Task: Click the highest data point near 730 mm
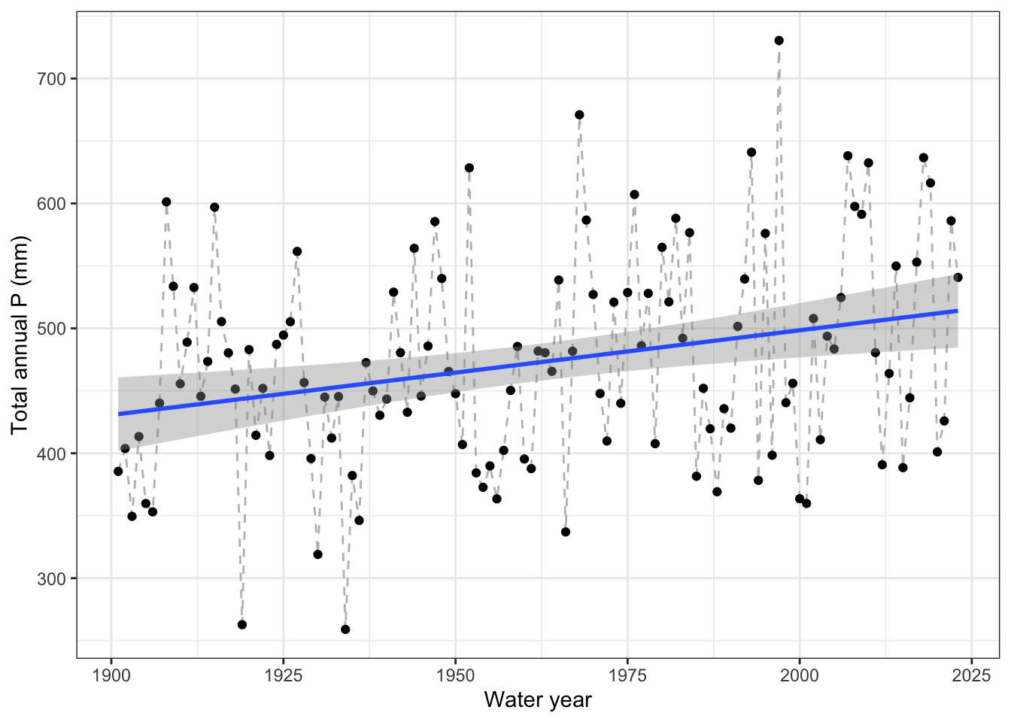point(779,41)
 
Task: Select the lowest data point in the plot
point(345,629)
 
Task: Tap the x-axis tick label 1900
point(111,673)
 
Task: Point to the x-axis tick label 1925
point(284,673)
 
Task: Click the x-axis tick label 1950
point(455,673)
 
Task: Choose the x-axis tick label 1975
point(627,673)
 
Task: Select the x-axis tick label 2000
point(799,673)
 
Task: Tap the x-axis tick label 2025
point(970,673)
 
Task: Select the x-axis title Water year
point(538,700)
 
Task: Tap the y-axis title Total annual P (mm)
point(20,335)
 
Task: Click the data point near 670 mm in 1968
point(579,115)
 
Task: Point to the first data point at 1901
point(118,472)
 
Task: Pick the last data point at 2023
point(958,278)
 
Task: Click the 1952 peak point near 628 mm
point(469,168)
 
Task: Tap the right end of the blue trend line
point(957,311)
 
